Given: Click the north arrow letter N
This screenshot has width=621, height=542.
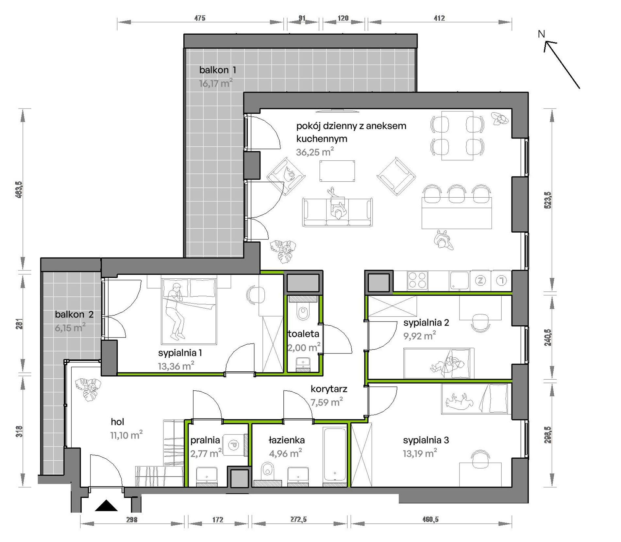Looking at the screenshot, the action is tap(542, 34).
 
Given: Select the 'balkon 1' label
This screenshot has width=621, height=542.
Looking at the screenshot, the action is tap(218, 70).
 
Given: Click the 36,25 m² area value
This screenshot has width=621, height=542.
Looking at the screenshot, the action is tap(315, 152).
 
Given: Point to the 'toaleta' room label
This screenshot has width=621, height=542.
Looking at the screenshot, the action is tap(303, 334).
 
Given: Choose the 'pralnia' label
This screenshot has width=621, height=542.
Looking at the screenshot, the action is tap(205, 440).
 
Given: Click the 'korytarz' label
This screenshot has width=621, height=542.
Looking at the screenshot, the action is tap(329, 389).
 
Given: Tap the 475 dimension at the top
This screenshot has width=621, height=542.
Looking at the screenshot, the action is tap(200, 18).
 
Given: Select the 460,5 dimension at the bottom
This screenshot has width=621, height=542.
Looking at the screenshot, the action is tap(430, 519).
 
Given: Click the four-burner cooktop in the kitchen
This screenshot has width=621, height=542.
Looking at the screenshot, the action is tap(417, 281).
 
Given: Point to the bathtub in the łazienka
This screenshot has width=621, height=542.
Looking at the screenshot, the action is tap(335, 454).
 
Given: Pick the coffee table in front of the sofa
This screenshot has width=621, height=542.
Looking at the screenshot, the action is tap(337, 171).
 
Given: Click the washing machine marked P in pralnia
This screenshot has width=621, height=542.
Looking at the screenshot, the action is tap(234, 445).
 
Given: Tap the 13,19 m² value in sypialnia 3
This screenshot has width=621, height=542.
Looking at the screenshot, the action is tap(420, 453).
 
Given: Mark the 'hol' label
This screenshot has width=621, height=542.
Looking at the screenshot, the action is tap(117, 422).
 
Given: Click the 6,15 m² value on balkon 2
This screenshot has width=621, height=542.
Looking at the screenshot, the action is tap(70, 327).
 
